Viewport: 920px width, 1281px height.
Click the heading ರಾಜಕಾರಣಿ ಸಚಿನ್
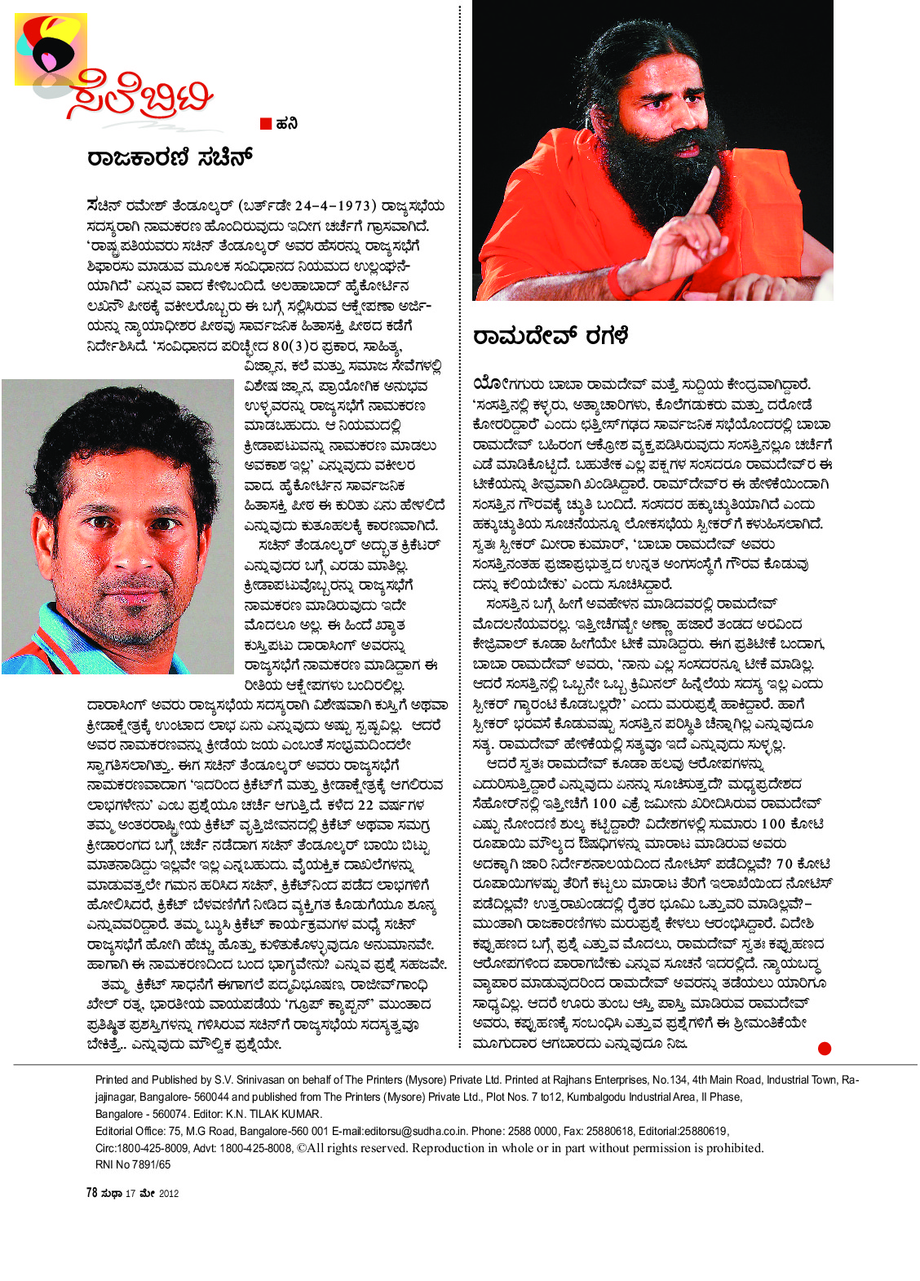coord(170,157)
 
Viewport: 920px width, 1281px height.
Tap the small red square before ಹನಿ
coord(266,124)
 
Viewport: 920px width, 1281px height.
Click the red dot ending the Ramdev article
coord(824,1049)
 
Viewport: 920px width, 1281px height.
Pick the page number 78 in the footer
coord(91,1192)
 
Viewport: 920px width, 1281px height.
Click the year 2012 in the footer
coord(169,1193)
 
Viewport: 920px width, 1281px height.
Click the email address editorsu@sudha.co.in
coord(417,1131)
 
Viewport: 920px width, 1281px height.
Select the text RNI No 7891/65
coord(133,1164)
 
